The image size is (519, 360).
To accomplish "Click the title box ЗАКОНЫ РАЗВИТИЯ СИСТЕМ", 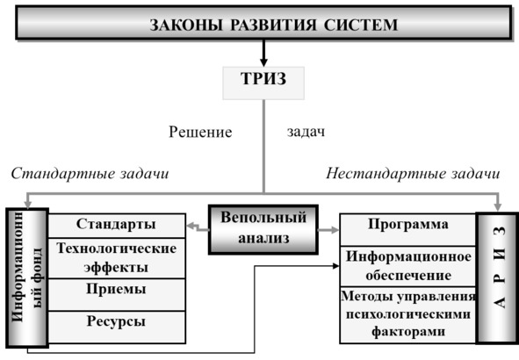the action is click(263, 23).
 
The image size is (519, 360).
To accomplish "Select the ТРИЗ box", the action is click(263, 83).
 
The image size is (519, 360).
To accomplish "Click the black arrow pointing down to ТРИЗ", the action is click(263, 54).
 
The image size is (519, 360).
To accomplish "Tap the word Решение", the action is click(200, 132).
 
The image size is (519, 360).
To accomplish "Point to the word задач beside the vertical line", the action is click(306, 132).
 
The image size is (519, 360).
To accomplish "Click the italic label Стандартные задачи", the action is click(90, 173).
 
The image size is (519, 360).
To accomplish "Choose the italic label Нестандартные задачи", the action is click(413, 173).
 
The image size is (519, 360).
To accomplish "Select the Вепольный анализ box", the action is click(263, 230).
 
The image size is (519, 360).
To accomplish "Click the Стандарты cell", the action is click(117, 226).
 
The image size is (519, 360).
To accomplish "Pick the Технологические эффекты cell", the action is click(117, 258).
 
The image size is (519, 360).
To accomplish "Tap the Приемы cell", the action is click(117, 294).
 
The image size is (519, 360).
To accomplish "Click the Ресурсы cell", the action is click(117, 328).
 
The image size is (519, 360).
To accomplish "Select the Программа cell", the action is click(408, 230).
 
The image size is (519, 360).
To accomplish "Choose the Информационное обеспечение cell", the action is click(408, 266).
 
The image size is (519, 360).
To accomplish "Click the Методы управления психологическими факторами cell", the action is click(408, 315).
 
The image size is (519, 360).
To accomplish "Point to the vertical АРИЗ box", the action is click(496, 278).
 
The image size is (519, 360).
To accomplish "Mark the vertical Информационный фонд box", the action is click(27, 278).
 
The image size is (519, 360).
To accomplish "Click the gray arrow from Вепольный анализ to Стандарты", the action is click(198, 227).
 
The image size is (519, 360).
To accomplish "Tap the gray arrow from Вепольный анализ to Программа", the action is click(328, 230).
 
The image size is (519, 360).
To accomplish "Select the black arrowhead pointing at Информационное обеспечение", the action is click(336, 266).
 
